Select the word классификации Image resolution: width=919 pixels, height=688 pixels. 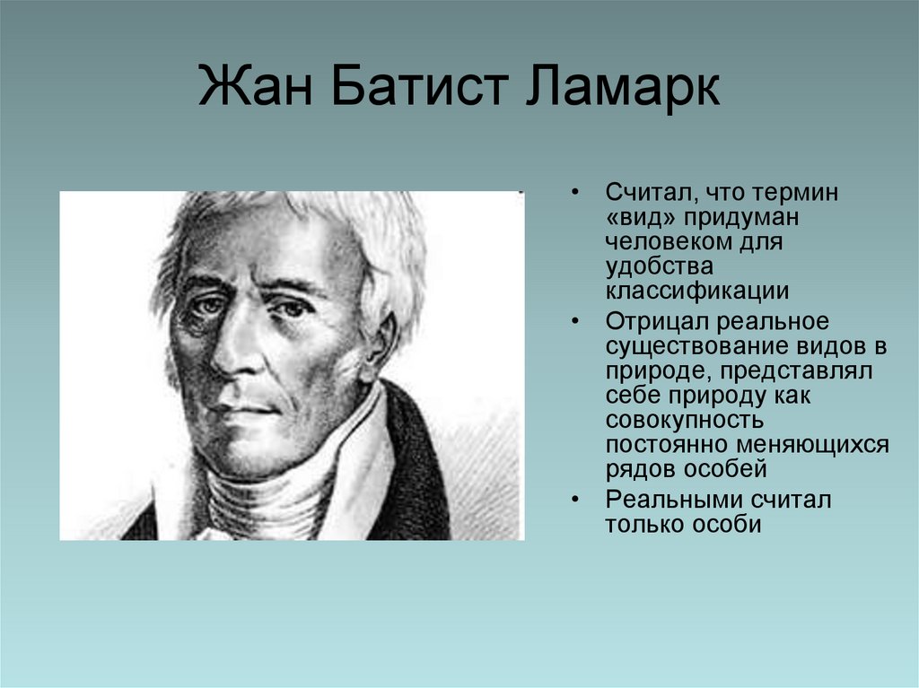[x=697, y=291]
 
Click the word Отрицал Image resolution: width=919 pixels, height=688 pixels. [x=660, y=321]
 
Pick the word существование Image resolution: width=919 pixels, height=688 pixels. [x=695, y=345]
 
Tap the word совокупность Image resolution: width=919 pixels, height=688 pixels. [x=685, y=419]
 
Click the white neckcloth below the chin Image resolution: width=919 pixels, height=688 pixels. [x=269, y=493]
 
